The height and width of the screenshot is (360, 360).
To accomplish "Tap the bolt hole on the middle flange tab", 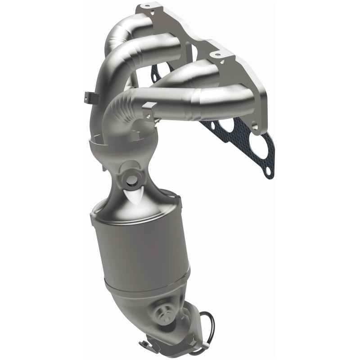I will (218, 55).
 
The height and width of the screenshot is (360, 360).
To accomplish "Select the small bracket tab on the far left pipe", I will (88, 95).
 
